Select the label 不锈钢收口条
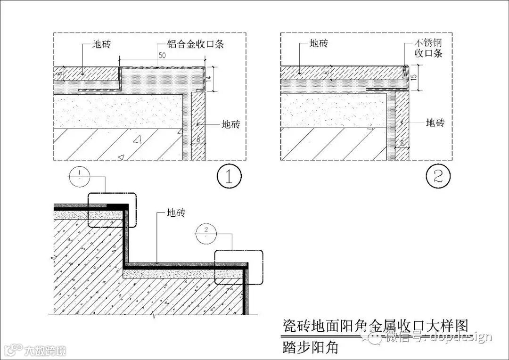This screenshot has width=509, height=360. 428,49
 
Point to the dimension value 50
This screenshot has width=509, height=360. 162,56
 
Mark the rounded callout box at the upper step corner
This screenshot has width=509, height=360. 112,210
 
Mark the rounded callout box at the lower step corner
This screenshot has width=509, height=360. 238,267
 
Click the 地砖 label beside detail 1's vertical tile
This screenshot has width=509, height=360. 230,124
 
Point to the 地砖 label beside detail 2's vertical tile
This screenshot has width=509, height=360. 435,123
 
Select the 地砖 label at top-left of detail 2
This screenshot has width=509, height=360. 319,43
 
